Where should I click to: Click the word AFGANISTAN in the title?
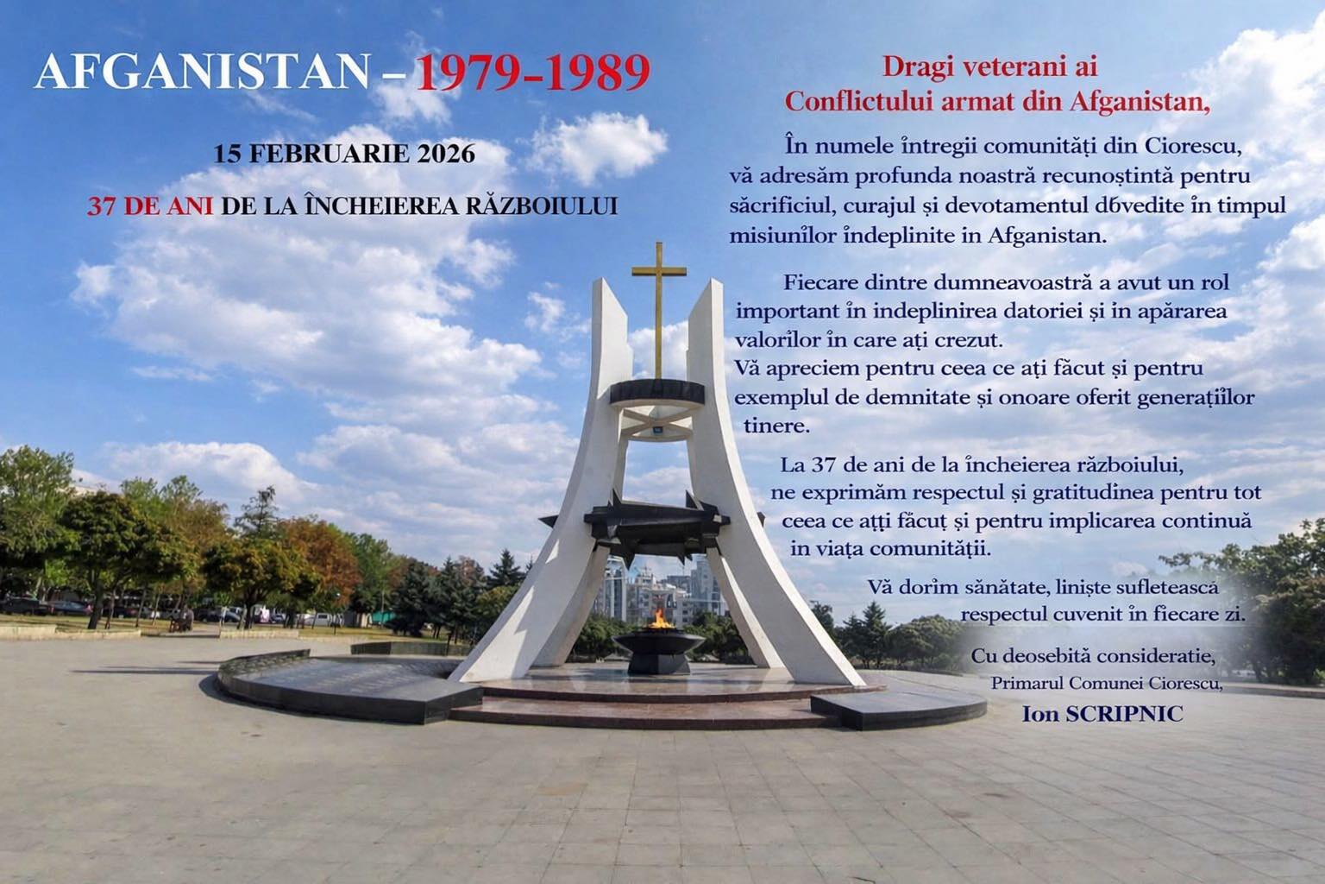[x=204, y=73]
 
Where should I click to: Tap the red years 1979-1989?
[x=532, y=73]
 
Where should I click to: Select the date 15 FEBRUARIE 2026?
[x=344, y=155]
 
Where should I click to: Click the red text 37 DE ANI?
[x=150, y=207]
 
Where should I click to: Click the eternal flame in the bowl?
[x=661, y=618]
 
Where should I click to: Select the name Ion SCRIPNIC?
[x=1102, y=714]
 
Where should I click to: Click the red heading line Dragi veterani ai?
[x=989, y=67]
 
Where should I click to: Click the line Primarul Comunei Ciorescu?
[x=1107, y=684]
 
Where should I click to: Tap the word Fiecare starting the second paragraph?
[x=819, y=282]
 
